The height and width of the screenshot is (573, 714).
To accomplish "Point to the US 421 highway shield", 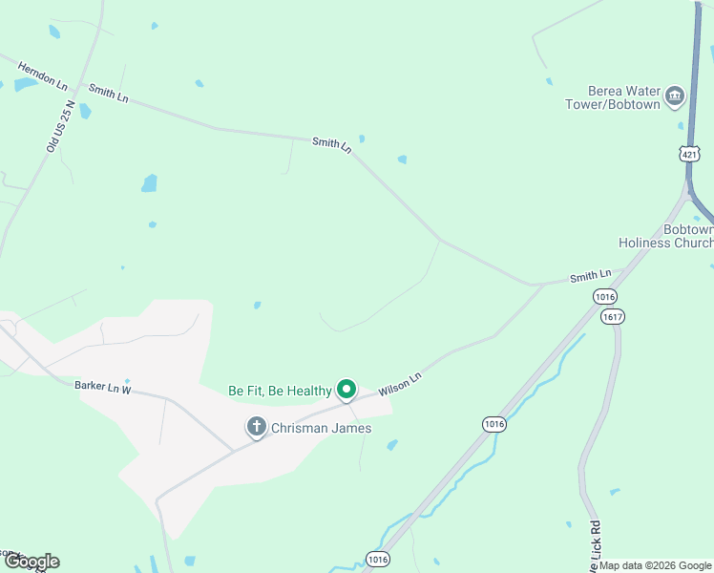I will [x=690, y=153].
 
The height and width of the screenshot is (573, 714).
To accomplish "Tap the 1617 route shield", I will [x=613, y=317].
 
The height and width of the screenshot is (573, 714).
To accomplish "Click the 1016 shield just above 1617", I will [x=604, y=296].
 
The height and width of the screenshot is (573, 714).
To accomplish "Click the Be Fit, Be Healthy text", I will [x=280, y=391].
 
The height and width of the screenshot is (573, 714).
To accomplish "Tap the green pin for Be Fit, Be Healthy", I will [x=346, y=390].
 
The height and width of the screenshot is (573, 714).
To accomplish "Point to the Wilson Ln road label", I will [x=400, y=384].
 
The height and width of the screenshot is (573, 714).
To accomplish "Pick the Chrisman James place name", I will [x=323, y=428].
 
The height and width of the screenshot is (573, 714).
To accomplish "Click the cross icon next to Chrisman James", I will [x=256, y=427].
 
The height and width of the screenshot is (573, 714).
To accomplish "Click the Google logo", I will [x=31, y=562].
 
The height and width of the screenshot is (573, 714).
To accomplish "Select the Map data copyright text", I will [x=654, y=565].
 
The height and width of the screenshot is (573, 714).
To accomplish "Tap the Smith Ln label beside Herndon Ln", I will [x=108, y=93].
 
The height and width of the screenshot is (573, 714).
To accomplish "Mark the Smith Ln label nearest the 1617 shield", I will [x=590, y=277].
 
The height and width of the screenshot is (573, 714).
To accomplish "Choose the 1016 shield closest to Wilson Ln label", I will [x=493, y=423].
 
